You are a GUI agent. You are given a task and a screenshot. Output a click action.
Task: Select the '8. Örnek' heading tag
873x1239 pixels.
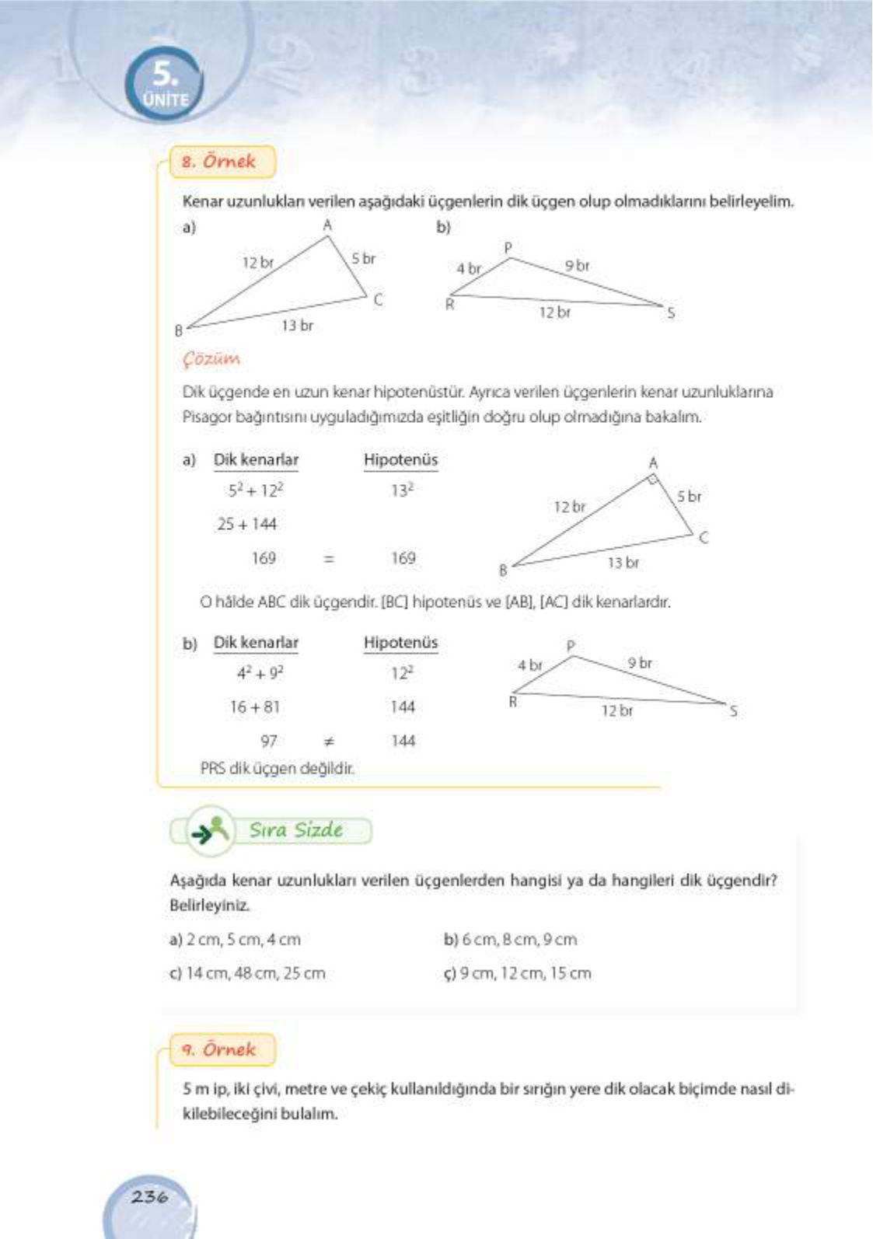[x=221, y=162]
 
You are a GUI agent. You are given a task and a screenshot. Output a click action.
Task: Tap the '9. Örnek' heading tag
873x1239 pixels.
[x=221, y=1049]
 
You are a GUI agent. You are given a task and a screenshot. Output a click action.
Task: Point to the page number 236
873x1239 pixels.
[x=149, y=1196]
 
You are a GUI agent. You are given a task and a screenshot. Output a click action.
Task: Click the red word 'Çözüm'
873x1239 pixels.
[x=211, y=359]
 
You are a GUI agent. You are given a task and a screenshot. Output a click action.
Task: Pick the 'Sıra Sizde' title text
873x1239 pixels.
[x=295, y=830]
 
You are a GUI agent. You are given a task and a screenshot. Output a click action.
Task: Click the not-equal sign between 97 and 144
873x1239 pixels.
[x=329, y=742]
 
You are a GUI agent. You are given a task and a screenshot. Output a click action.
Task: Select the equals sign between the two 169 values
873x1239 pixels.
[x=329, y=558]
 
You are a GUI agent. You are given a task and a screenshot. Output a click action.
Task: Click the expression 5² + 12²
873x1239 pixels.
[x=256, y=490]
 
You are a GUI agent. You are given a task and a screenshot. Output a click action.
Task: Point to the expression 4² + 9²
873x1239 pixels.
[x=260, y=673]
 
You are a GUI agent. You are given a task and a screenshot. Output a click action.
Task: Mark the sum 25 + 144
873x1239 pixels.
[x=247, y=525]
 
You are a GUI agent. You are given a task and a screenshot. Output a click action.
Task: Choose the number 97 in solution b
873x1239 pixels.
[x=268, y=742]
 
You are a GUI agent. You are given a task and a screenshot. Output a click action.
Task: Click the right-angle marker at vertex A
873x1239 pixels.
[x=655, y=480]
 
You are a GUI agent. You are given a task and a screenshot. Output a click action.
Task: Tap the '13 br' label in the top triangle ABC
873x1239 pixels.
[x=297, y=326]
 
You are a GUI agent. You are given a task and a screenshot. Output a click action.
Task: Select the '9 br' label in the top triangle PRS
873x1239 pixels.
[x=577, y=266]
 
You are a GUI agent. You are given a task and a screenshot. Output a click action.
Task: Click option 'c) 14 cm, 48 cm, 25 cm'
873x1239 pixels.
[x=247, y=973]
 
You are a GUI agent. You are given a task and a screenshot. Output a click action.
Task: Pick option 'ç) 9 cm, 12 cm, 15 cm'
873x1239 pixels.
[x=517, y=973]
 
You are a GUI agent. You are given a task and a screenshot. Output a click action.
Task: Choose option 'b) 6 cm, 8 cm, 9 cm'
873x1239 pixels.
[x=510, y=940]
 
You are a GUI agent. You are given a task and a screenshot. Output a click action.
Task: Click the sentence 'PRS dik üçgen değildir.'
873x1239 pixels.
[x=277, y=769]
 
